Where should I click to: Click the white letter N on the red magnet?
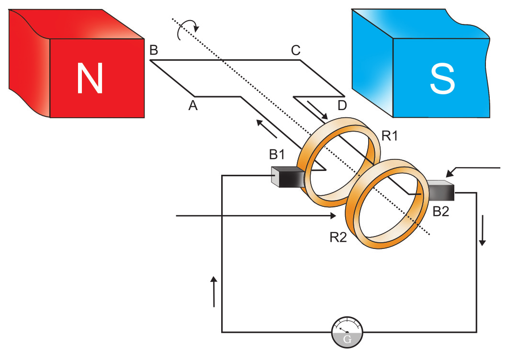click(x=90, y=79)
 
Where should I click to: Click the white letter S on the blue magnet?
click(x=442, y=79)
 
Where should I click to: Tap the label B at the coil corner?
click(x=154, y=50)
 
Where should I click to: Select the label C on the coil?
click(x=296, y=50)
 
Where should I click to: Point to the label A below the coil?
click(x=193, y=106)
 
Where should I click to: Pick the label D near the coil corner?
click(x=342, y=105)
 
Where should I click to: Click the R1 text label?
click(x=390, y=136)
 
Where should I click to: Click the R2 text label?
click(x=338, y=237)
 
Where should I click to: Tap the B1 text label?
click(x=277, y=154)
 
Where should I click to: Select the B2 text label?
click(x=441, y=212)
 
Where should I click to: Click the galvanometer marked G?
click(x=347, y=332)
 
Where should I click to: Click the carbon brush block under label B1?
click(x=288, y=177)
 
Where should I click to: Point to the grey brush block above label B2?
click(x=441, y=191)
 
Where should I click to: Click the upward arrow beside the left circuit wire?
click(x=214, y=292)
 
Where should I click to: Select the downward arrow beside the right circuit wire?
click(x=482, y=230)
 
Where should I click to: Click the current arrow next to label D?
click(x=317, y=110)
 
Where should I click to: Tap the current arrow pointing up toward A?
click(x=267, y=129)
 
